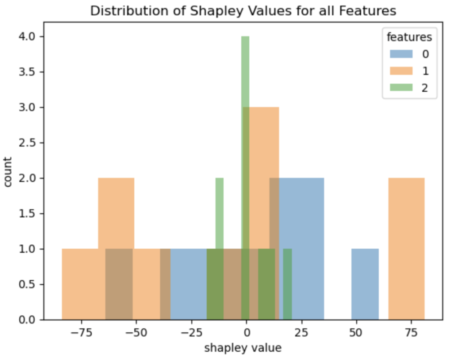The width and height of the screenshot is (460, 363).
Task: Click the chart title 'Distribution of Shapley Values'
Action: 243,11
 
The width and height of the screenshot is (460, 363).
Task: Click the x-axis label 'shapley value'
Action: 243,348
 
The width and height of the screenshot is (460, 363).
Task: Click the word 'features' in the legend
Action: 412,36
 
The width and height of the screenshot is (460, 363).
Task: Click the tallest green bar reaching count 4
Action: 245,90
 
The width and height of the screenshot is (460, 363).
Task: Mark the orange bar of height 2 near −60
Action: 116,211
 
